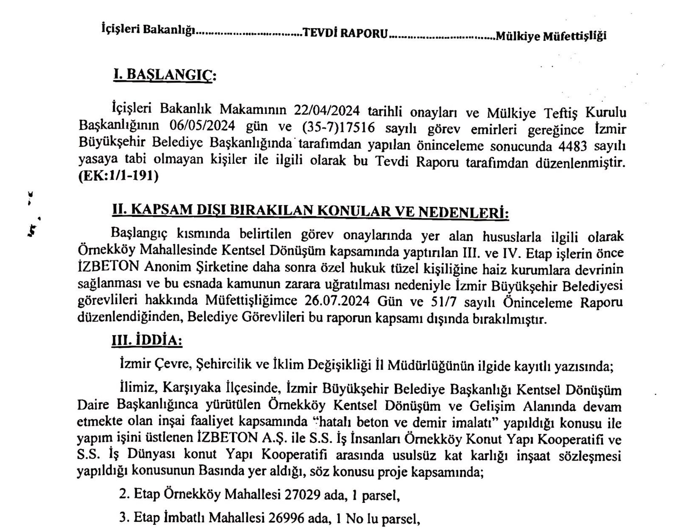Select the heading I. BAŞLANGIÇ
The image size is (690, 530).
pyautogui.click(x=164, y=75)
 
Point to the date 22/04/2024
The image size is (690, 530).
pyautogui.click(x=326, y=111)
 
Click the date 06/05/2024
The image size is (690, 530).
pyautogui.click(x=202, y=126)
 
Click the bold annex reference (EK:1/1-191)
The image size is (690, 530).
pyautogui.click(x=119, y=176)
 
